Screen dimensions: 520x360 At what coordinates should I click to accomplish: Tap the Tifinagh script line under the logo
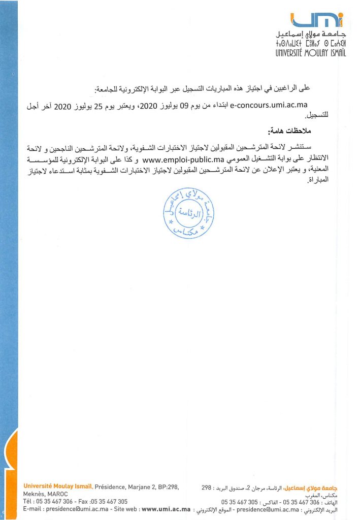(x=311, y=44)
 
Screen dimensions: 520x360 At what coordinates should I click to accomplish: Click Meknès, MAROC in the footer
(x=46, y=494)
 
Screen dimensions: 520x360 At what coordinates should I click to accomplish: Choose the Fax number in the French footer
(x=108, y=501)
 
